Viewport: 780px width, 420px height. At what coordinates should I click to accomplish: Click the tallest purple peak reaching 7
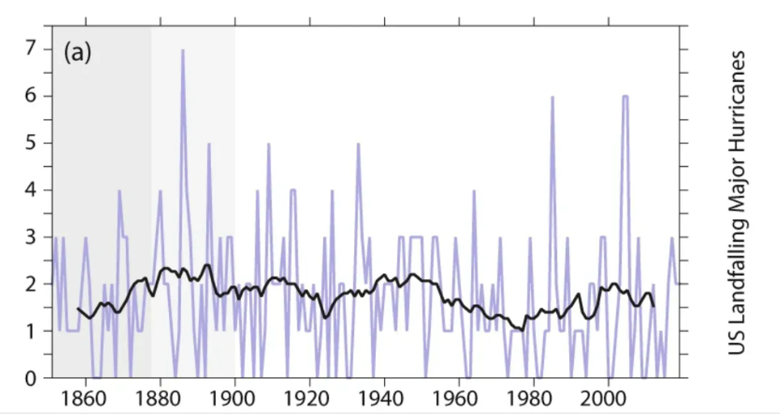183,51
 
